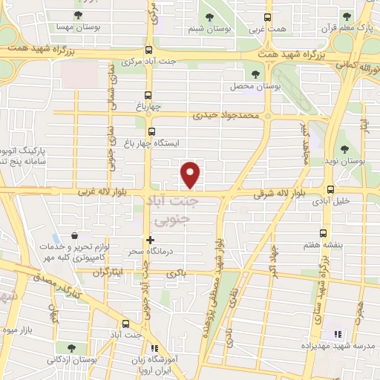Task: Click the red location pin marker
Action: (x=191, y=174)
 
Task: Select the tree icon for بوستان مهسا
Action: (x=79, y=14)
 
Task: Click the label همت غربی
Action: (x=266, y=30)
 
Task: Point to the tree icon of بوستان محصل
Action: (x=257, y=74)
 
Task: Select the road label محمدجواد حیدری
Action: (x=226, y=117)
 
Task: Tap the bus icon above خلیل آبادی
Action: (x=330, y=189)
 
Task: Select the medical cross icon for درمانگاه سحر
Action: (x=151, y=240)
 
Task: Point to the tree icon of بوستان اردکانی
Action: (x=71, y=347)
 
